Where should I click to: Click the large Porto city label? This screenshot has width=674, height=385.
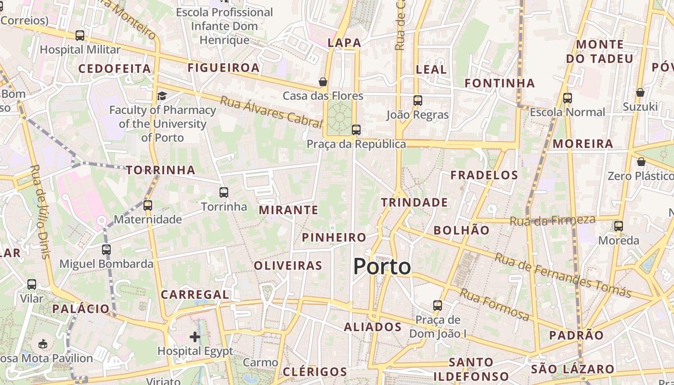point(382,267)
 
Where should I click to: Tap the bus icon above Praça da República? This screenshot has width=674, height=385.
point(356,130)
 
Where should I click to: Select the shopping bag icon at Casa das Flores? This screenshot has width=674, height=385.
point(323,82)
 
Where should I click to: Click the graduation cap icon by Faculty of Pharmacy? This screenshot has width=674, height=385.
point(162,96)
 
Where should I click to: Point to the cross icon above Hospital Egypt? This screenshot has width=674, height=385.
point(195,337)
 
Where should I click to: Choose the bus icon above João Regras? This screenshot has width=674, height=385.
point(418,101)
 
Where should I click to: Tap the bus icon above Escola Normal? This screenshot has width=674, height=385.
point(568,98)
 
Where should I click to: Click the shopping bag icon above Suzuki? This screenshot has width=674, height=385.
point(640,92)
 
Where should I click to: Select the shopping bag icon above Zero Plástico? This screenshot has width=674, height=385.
point(641,162)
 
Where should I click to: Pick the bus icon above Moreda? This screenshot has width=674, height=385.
point(619,226)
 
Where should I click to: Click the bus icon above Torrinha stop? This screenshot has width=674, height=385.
point(224,192)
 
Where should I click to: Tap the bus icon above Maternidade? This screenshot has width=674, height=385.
point(148,205)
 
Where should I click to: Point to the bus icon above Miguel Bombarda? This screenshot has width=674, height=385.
point(106,250)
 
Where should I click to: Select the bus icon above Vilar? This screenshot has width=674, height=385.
point(32,284)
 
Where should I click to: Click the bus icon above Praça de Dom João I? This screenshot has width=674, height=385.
point(438,306)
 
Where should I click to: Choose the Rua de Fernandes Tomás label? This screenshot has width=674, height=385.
point(562,275)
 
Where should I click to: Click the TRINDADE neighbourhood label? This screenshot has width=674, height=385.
point(415,203)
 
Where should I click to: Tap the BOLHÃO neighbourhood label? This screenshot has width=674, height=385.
point(461,231)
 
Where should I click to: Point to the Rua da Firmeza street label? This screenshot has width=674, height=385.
point(552,221)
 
